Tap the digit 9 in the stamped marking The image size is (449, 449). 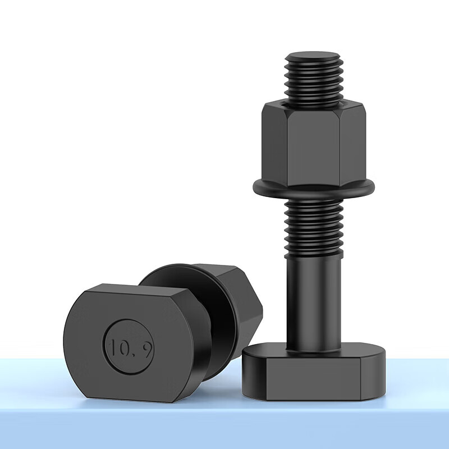[147, 350]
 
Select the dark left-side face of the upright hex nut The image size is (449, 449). [275, 145]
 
